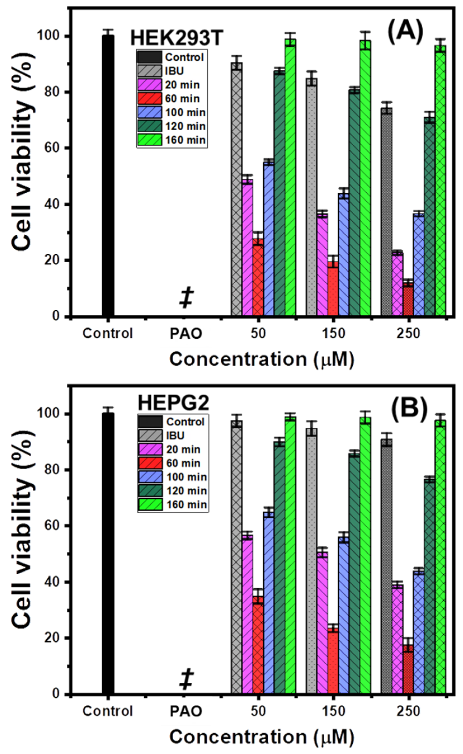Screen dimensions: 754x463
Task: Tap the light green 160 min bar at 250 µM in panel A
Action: click(440, 181)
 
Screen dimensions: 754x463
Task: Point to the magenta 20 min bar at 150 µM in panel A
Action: click(322, 264)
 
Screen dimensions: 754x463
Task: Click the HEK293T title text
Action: click(176, 39)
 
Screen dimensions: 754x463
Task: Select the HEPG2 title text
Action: click(174, 403)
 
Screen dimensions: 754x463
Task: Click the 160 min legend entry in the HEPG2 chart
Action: click(173, 505)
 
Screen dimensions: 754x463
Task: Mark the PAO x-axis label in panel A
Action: click(186, 334)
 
